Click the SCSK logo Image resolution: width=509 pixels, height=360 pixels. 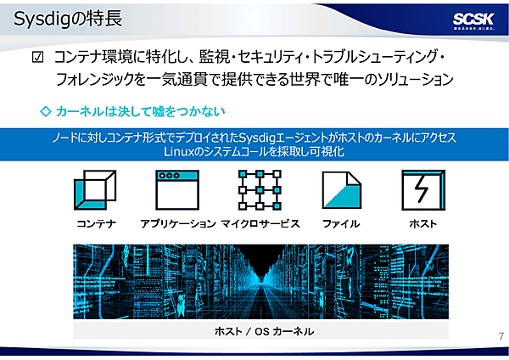coord(468,20)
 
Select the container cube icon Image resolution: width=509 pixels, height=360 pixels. coord(95,188)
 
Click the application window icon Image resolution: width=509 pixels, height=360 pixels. coord(176,188)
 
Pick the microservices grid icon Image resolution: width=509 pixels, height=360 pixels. coord(259,188)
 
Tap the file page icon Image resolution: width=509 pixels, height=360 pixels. coord(341,188)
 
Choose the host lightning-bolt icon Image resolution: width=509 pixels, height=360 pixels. coord(422,188)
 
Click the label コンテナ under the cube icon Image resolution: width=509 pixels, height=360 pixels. coord(96,223)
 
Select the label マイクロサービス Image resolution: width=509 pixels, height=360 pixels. coord(260,223)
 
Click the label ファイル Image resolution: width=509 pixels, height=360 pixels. coord(341,223)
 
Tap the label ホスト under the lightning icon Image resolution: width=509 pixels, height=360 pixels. coord(422,223)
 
